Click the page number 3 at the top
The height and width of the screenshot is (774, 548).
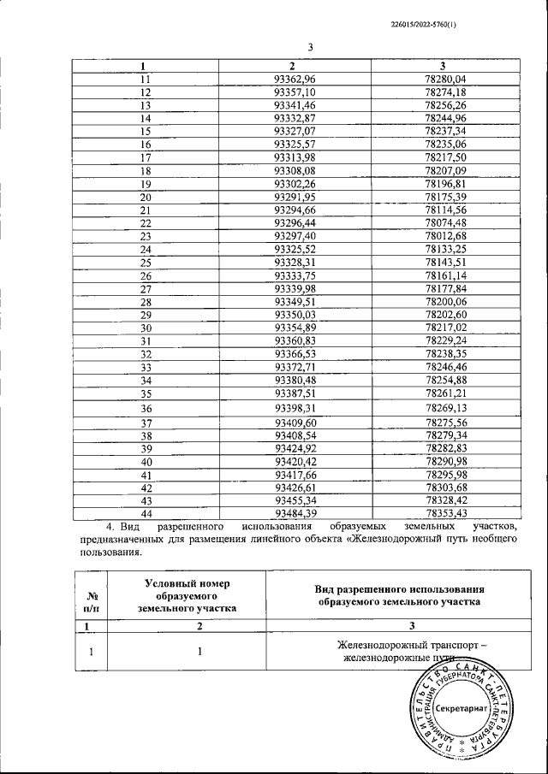point(311,48)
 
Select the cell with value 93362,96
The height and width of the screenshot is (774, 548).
point(295,79)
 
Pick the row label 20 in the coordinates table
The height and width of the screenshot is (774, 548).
point(145,197)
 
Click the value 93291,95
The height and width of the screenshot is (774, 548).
point(295,197)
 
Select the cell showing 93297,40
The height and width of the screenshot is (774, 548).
point(295,236)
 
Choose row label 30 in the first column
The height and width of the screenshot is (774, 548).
point(145,328)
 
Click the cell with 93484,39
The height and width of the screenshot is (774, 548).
point(295,513)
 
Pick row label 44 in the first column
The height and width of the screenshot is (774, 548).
point(145,513)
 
